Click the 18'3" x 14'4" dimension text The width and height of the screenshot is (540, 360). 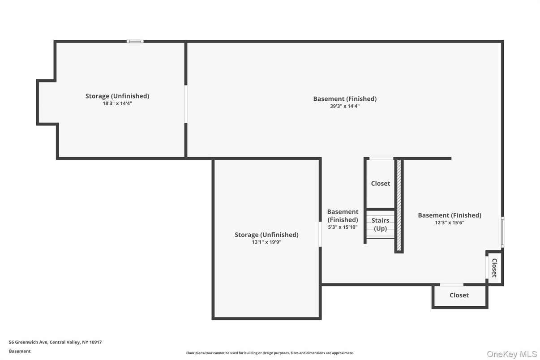click(117, 103)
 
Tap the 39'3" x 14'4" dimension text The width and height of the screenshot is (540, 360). click(345, 106)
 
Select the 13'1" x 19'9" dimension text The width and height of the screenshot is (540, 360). click(266, 242)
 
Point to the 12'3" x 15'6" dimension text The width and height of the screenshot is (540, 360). click(450, 223)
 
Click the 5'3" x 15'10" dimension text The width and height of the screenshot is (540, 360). click(343, 227)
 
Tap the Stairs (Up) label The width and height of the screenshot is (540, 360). click(380, 224)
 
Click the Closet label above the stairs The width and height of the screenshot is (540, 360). click(381, 184)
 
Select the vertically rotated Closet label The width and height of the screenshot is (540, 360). click(494, 268)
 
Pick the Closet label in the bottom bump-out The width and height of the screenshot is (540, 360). click(459, 296)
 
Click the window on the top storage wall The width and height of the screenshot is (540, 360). click(135, 42)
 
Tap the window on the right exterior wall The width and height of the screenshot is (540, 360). click(502, 232)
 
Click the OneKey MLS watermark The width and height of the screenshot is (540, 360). click(512, 354)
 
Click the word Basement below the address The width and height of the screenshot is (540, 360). click(20, 351)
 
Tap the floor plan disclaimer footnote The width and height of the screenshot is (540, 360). click(270, 353)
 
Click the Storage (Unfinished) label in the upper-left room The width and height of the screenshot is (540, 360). click(117, 96)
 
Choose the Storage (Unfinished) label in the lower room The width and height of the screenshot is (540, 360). click(266, 235)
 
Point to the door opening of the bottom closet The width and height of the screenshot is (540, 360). click(451, 285)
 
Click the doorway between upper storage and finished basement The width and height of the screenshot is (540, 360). click(186, 104)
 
